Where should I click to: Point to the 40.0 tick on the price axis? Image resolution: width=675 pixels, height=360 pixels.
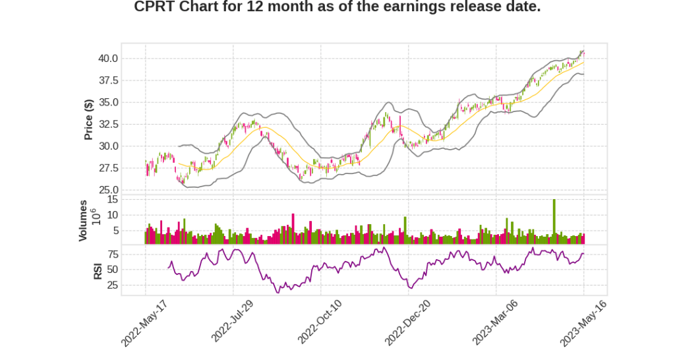107,59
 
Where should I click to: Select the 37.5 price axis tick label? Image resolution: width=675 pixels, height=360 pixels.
107,80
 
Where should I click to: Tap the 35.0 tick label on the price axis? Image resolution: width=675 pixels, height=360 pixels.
107,102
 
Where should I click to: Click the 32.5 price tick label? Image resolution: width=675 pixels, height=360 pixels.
107,124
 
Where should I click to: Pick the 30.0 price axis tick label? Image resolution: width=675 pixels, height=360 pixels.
107,146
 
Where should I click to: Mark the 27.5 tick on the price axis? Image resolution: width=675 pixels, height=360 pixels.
107,168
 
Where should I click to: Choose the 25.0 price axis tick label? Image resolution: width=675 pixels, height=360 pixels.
107,190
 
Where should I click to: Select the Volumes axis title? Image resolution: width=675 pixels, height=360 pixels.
83,220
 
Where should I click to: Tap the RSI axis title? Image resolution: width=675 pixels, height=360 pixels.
98,270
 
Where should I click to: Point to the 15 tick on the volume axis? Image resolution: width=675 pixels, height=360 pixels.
112,199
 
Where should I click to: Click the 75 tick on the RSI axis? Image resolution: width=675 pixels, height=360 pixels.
112,254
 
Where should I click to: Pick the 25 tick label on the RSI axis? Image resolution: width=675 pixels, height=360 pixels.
112,285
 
